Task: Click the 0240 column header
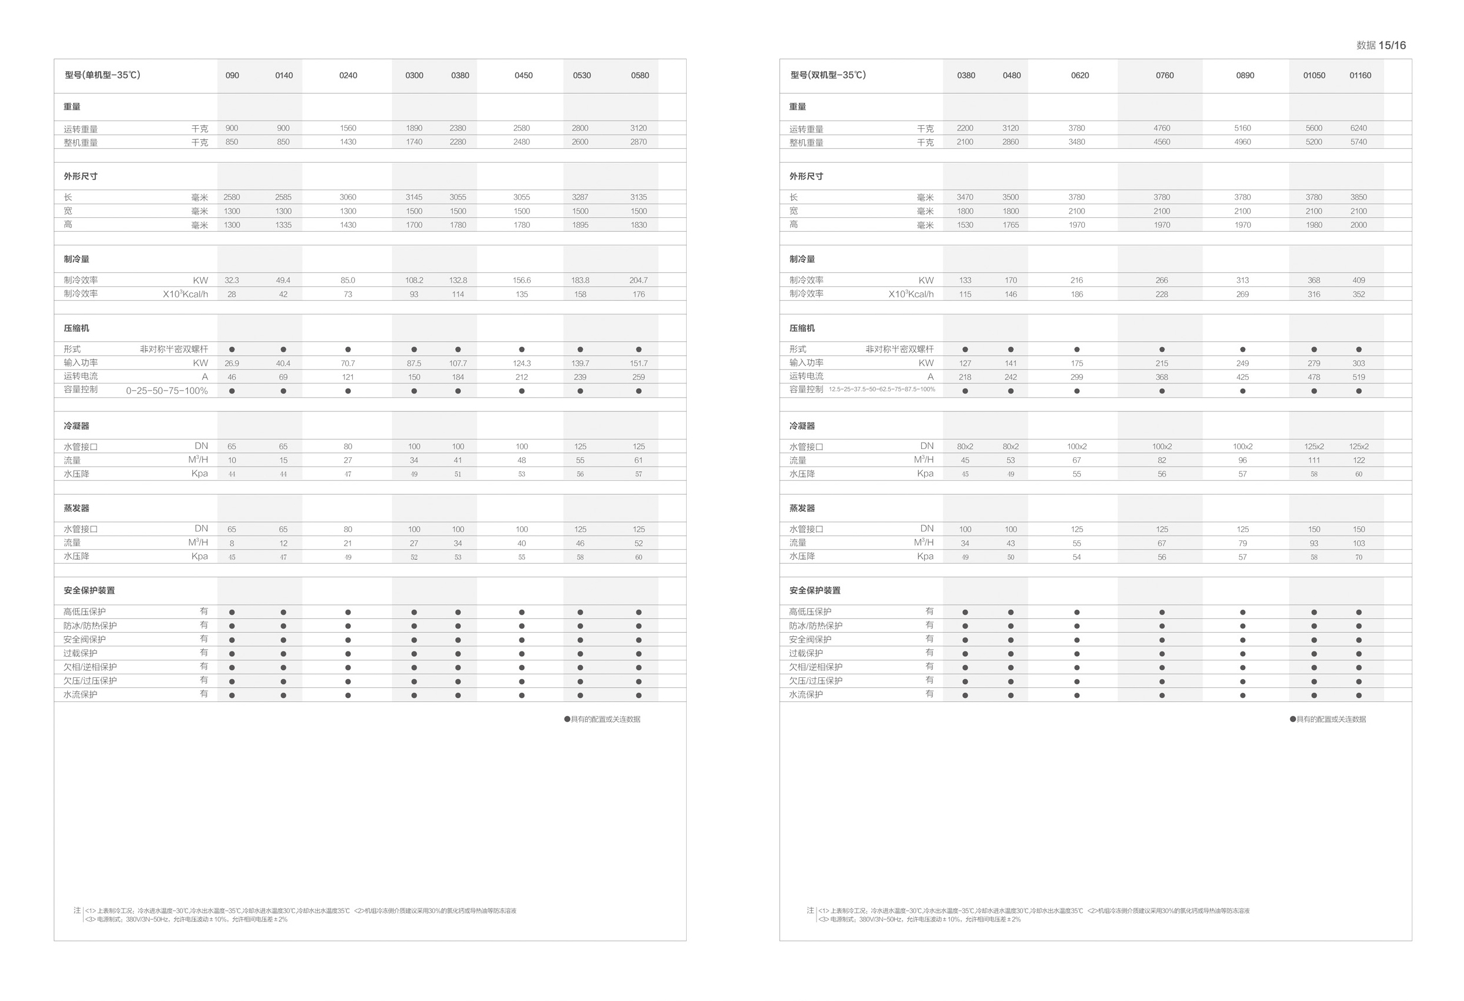tap(348, 76)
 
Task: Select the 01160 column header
tap(1359, 76)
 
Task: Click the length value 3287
tap(580, 197)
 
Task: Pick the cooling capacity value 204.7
tap(638, 280)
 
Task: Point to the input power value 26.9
tap(231, 364)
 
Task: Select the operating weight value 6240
tap(1358, 128)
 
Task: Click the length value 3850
tap(1358, 197)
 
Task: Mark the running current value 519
tap(1358, 378)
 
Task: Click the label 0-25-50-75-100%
tap(167, 391)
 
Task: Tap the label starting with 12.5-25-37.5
tap(881, 389)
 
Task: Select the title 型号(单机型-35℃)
tap(103, 75)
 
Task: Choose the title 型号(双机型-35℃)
tap(828, 75)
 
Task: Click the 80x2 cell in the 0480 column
tap(1011, 447)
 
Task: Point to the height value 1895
tap(580, 225)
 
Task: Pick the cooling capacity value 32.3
tap(231, 280)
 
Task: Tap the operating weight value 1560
tap(348, 128)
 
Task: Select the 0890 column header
tap(1245, 76)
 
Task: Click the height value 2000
tap(1358, 225)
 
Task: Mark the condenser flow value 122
tap(1358, 461)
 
